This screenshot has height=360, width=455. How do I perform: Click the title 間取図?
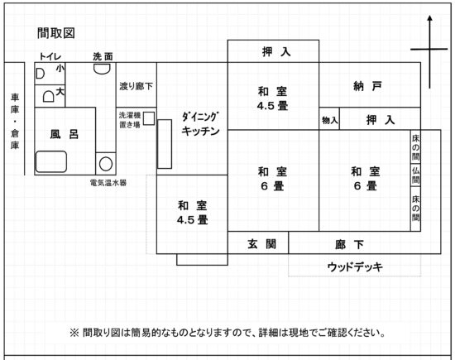click(x=56, y=33)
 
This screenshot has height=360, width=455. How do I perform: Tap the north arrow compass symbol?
click(x=429, y=50)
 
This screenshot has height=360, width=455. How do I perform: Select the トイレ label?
click(x=50, y=56)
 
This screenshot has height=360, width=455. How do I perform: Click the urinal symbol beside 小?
click(x=40, y=74)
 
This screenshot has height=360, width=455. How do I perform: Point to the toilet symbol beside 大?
click(x=49, y=96)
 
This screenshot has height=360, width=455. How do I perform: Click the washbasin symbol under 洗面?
click(x=102, y=69)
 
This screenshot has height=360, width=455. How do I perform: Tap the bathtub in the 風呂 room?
click(x=51, y=161)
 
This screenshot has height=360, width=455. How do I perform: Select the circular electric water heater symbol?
click(x=106, y=164)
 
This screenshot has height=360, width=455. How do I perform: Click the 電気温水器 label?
click(x=108, y=183)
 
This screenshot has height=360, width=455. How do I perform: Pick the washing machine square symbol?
click(x=149, y=118)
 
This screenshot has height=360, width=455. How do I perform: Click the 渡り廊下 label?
click(x=136, y=86)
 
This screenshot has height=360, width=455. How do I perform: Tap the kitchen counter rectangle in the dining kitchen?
click(x=165, y=144)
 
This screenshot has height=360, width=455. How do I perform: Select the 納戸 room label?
click(x=367, y=86)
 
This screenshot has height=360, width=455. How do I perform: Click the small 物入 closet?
click(x=329, y=118)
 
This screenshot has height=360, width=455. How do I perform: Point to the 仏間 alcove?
click(x=415, y=175)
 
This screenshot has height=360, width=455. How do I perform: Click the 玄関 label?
click(x=261, y=244)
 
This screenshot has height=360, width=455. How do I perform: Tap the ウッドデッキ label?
click(x=355, y=266)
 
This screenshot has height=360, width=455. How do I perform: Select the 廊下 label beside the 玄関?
click(x=349, y=245)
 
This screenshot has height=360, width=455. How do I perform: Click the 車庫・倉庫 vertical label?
click(x=15, y=121)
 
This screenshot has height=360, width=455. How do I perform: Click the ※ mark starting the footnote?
click(x=74, y=333)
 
